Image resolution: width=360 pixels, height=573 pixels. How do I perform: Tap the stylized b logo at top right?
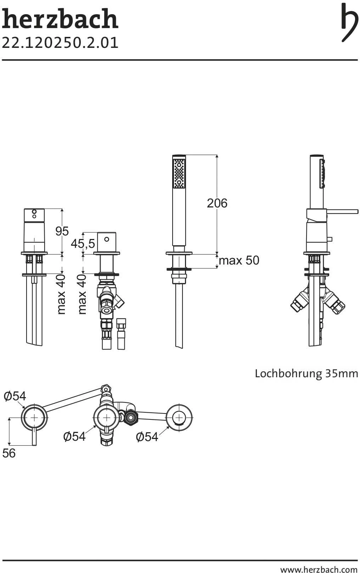(349, 22)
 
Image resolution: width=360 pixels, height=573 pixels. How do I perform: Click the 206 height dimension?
(217, 203)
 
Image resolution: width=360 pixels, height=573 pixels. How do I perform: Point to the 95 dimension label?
(62, 231)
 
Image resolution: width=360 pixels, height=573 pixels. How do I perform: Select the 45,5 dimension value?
(83, 244)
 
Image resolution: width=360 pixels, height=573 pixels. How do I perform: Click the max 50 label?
(239, 261)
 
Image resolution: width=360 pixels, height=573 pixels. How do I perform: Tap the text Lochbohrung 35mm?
(306, 374)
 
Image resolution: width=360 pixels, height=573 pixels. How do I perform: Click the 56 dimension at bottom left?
(9, 453)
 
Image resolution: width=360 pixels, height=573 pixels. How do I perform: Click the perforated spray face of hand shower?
(179, 174)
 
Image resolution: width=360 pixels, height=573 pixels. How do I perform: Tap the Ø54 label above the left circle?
(15, 396)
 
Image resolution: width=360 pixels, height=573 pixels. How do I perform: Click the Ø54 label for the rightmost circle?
(147, 437)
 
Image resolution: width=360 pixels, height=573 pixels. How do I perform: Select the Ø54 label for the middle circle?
(74, 436)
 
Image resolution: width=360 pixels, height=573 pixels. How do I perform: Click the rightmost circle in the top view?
(179, 417)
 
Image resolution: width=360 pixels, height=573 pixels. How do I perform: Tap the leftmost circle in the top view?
(34, 417)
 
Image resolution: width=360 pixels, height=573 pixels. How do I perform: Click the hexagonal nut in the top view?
(131, 417)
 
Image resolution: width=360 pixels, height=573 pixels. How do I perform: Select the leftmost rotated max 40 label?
(61, 294)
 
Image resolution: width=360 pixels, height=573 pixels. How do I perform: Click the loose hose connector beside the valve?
(121, 333)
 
